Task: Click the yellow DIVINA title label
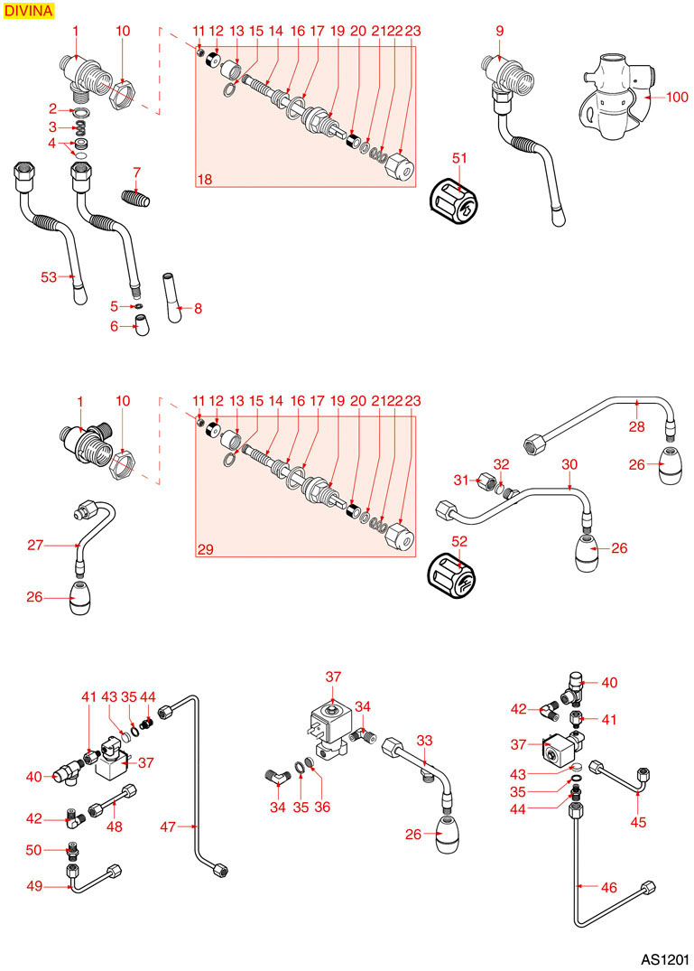coord(29,11)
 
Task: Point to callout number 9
coord(499,32)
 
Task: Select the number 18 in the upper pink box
coord(205,180)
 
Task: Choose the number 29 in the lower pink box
coord(205,548)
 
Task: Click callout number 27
coord(35,545)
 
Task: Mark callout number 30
coord(569,463)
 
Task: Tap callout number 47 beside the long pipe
coord(168,826)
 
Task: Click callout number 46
coord(609,888)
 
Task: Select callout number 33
coord(424,740)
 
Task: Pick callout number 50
coord(34,850)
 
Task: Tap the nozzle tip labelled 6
coord(140,326)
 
